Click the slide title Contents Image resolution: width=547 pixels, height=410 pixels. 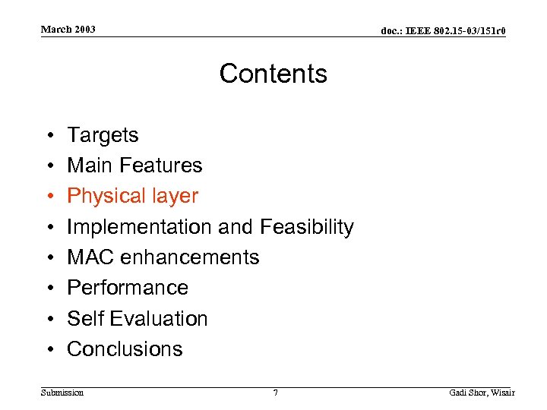(273, 74)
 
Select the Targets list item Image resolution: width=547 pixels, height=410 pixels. (103, 135)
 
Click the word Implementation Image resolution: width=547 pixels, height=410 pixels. (140, 227)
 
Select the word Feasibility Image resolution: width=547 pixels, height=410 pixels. (307, 227)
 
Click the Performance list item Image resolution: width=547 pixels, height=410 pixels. (128, 288)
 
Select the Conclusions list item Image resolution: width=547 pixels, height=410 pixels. (125, 349)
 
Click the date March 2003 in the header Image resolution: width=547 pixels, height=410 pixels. (68, 30)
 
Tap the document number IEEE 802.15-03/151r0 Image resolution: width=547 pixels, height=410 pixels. (444, 30)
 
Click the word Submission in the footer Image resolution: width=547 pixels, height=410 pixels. (62, 393)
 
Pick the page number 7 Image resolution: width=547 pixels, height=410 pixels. (275, 393)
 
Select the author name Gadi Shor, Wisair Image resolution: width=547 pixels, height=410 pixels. (482, 393)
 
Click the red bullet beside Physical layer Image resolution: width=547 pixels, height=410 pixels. (48, 197)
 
